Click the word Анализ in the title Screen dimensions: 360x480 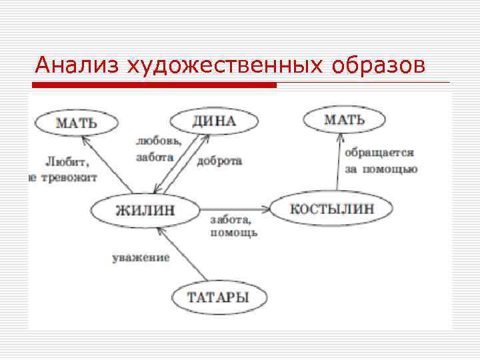point(78,66)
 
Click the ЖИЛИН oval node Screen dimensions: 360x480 point(145,211)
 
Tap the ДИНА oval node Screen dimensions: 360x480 point(213,121)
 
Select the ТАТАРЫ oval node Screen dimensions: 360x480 point(218,297)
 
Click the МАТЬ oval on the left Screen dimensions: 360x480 point(77,123)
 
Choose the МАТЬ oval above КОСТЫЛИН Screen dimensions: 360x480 point(344,121)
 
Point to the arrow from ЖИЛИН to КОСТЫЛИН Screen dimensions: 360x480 point(233,209)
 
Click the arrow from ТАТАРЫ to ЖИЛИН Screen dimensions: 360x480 point(183,254)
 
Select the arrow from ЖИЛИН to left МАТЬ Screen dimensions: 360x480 point(107,164)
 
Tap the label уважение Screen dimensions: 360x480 point(141,257)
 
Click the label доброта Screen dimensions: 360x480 point(219,161)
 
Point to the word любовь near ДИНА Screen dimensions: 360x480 point(157,142)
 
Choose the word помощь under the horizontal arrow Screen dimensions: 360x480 point(233,233)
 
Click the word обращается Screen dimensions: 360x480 point(379,153)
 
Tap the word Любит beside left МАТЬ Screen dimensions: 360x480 point(67,161)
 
